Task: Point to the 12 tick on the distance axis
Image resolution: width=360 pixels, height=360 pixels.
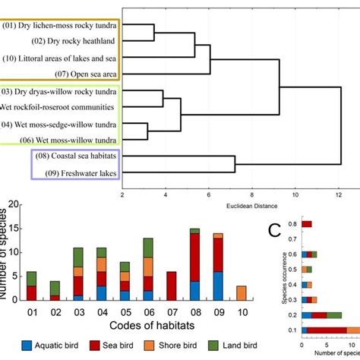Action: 339,194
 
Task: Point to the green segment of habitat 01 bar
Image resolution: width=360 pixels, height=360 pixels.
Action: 32,278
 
